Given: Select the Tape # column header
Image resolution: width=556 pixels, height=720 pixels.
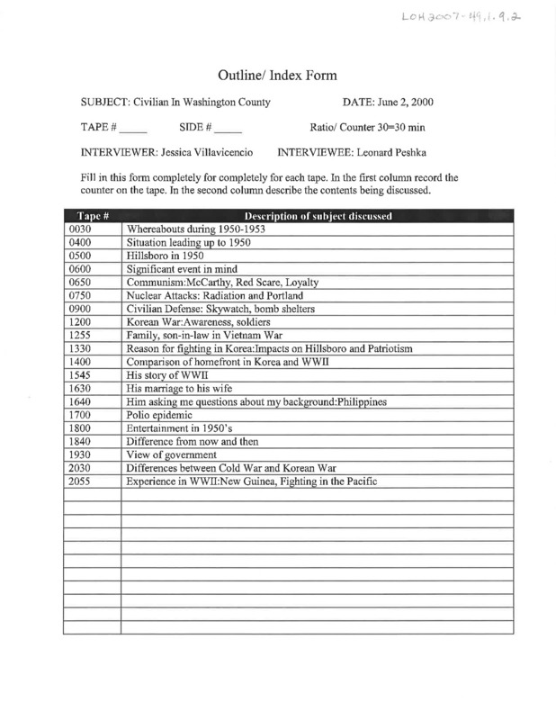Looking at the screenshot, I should (x=93, y=216).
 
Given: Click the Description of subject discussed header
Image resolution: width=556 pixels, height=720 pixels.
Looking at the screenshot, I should (x=317, y=216).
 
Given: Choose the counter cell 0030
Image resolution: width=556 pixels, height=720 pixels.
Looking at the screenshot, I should (x=81, y=229).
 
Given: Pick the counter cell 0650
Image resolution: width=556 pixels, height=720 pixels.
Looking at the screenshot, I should (x=81, y=281).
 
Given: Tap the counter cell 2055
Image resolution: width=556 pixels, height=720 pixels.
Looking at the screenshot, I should (x=81, y=482).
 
